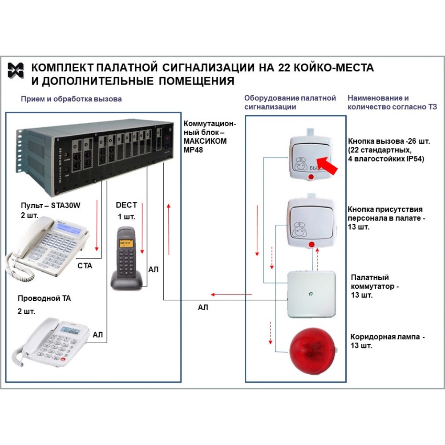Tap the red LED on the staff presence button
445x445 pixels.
[311, 244]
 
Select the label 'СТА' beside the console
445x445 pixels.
[85, 266]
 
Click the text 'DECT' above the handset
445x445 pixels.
[126, 205]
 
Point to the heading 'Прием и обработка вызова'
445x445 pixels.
[71, 99]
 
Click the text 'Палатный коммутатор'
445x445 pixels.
[373, 282]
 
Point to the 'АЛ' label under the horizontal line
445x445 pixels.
[202, 307]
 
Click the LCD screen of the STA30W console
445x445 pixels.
[71, 230]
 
